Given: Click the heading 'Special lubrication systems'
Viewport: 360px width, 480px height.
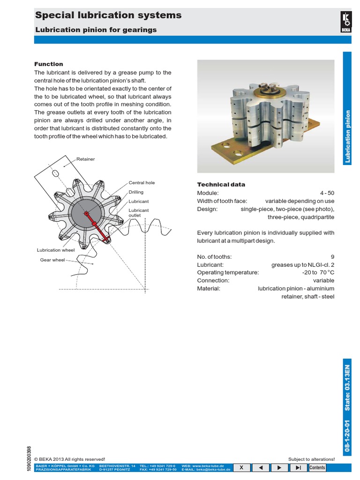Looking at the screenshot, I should point(108,15).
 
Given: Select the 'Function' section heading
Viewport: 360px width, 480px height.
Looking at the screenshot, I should point(49,64).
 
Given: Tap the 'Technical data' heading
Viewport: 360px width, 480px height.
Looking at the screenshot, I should point(221,185).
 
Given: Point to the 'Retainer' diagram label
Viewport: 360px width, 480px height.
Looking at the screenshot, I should point(86,159).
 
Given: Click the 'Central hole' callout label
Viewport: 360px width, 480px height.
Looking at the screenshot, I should point(142,183).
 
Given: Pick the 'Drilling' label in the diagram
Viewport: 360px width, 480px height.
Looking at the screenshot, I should point(136,192).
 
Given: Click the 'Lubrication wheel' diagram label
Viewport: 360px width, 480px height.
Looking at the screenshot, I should point(56,250).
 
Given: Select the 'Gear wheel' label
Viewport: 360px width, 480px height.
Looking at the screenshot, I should point(52,260).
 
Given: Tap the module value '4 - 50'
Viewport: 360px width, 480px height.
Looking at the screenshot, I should point(327,193).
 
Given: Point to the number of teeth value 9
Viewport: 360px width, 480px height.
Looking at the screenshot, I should point(332,256).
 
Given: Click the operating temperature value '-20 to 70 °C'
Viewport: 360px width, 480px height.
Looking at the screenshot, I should point(318,272).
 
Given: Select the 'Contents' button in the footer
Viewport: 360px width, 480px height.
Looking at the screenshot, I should point(317,468).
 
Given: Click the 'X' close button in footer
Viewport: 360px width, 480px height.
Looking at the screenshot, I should point(241,468).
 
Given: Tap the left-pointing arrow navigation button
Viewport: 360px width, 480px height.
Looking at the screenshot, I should point(260,468).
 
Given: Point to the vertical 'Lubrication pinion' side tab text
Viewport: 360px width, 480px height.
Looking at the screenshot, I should point(347,136).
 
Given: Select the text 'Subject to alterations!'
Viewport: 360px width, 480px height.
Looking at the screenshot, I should point(311,459).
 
